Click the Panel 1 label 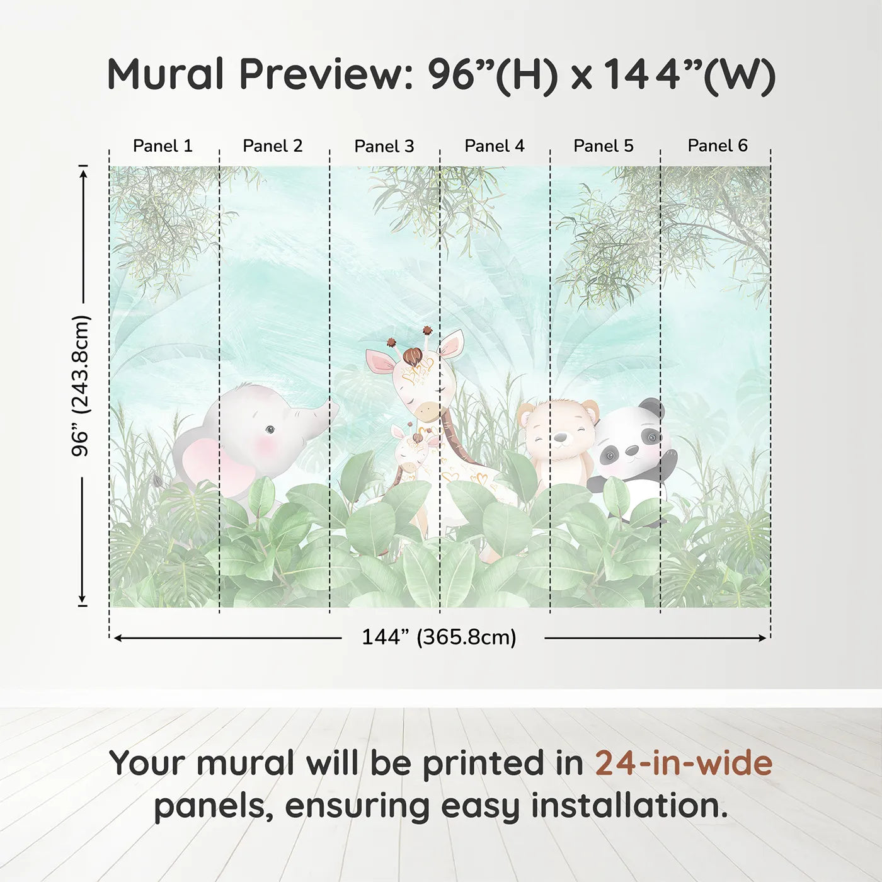click(163, 146)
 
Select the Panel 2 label click(273, 146)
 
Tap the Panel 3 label click(384, 146)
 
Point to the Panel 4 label click(494, 146)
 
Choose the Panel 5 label click(603, 146)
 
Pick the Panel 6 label click(717, 146)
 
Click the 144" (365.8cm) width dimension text click(438, 637)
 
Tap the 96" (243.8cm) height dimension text click(81, 386)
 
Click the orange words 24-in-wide click(684, 763)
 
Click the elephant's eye click(270, 430)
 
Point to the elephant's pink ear click(212, 466)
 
